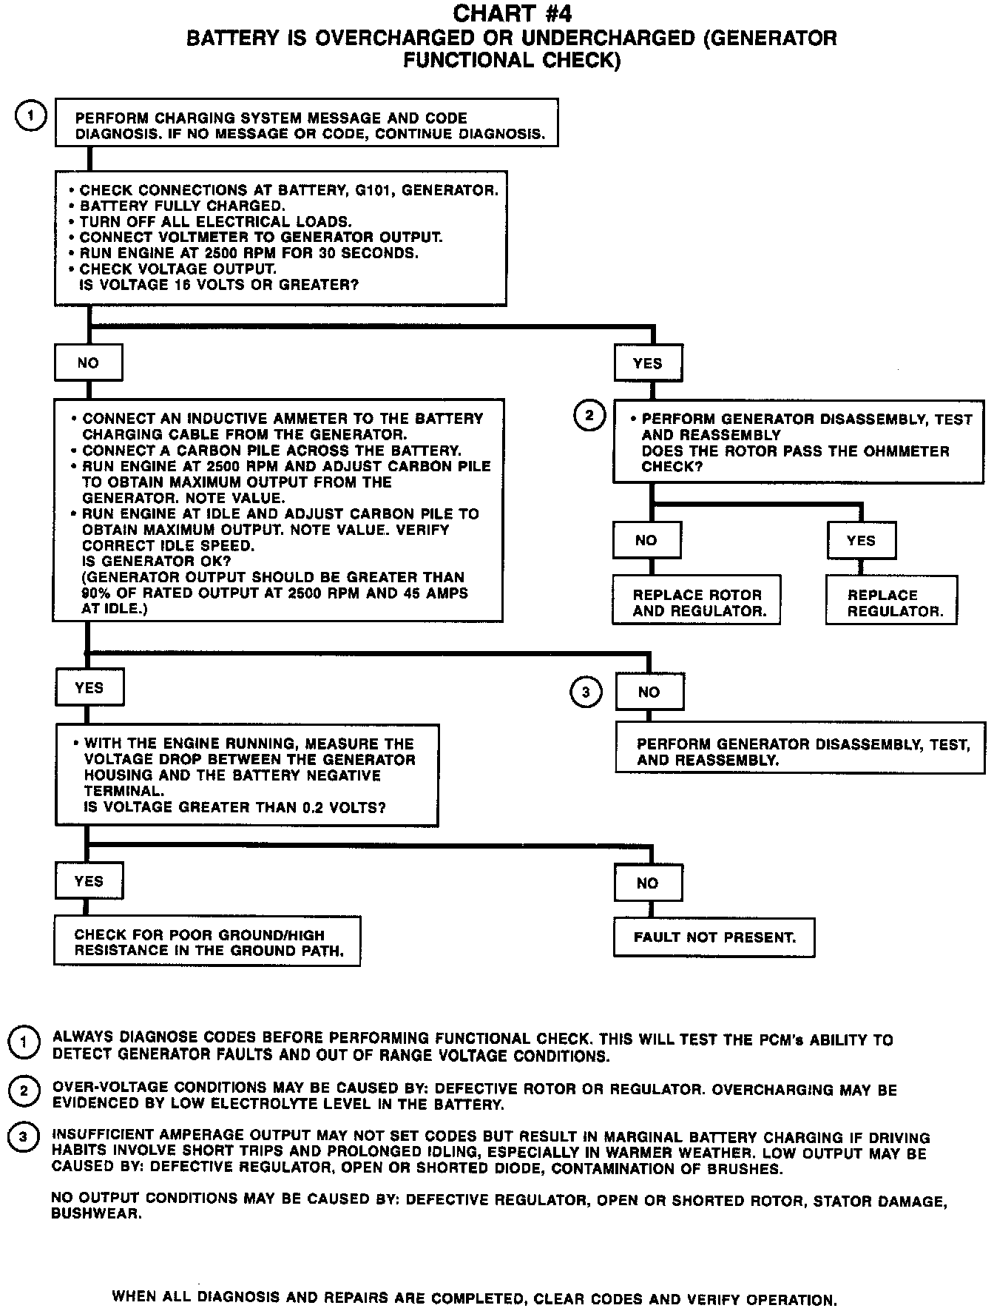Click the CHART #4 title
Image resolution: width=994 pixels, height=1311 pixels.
click(x=512, y=13)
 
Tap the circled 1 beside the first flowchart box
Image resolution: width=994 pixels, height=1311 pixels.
click(x=30, y=116)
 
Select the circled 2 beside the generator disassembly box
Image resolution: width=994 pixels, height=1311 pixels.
click(x=589, y=416)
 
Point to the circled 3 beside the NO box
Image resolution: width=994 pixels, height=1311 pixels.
click(x=586, y=692)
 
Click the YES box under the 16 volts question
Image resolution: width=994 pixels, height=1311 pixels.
click(x=648, y=363)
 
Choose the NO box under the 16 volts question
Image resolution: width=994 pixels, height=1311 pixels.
click(x=88, y=363)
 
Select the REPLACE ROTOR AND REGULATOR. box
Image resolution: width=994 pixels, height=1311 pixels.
click(x=696, y=603)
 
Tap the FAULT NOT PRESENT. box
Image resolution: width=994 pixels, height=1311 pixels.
click(x=714, y=937)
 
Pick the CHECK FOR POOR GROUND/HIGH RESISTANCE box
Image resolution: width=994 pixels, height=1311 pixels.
click(x=207, y=943)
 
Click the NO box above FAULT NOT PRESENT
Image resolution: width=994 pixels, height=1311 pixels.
click(x=647, y=883)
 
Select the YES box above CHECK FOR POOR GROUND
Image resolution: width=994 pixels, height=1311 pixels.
click(x=89, y=881)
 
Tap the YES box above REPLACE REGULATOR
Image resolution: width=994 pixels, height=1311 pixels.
click(x=861, y=541)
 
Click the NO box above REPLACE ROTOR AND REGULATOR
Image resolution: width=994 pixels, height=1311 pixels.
click(x=646, y=541)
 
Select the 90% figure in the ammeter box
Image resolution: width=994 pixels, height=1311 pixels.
click(x=97, y=593)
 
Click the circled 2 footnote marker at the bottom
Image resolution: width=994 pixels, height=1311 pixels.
click(x=24, y=1091)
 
